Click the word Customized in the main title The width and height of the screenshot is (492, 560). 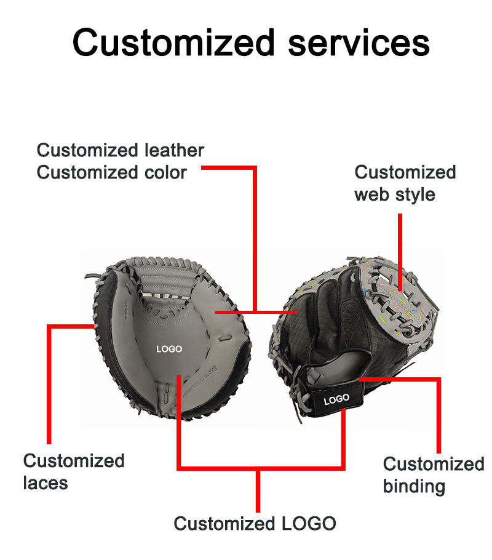[x=173, y=44]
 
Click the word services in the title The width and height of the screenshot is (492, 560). [x=359, y=44]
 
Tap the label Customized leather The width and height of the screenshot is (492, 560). [x=120, y=150]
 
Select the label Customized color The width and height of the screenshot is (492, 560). [x=111, y=172]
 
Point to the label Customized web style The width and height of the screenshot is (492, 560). [x=405, y=183]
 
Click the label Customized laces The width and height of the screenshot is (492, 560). [x=73, y=471]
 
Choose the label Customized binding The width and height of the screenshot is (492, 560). [x=433, y=474]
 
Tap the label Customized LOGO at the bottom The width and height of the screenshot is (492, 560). [x=255, y=524]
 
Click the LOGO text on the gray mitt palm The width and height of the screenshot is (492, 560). [x=169, y=349]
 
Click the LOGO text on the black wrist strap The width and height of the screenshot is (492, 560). [x=336, y=399]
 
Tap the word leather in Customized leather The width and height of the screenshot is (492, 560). [x=174, y=150]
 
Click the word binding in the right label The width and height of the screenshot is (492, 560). [x=414, y=486]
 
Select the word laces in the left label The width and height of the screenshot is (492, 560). [x=46, y=483]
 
